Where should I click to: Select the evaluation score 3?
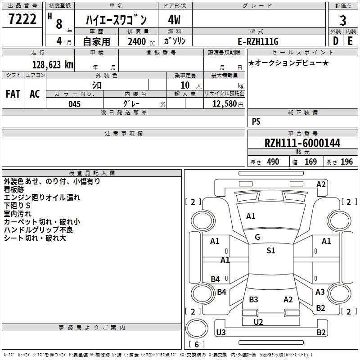[343, 21]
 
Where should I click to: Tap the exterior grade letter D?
[335, 41]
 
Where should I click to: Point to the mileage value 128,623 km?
[52, 64]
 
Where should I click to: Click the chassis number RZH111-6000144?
[302, 143]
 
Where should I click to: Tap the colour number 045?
[74, 104]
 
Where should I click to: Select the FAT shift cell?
[13, 94]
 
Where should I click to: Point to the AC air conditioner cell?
[35, 94]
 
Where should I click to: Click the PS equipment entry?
[256, 121]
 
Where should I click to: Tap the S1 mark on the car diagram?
[271, 251]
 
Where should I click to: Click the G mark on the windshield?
[257, 237]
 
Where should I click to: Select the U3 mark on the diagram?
[221, 333]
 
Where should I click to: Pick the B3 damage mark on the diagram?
[254, 300]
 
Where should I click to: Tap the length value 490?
[273, 162]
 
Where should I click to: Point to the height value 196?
[347, 162]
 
